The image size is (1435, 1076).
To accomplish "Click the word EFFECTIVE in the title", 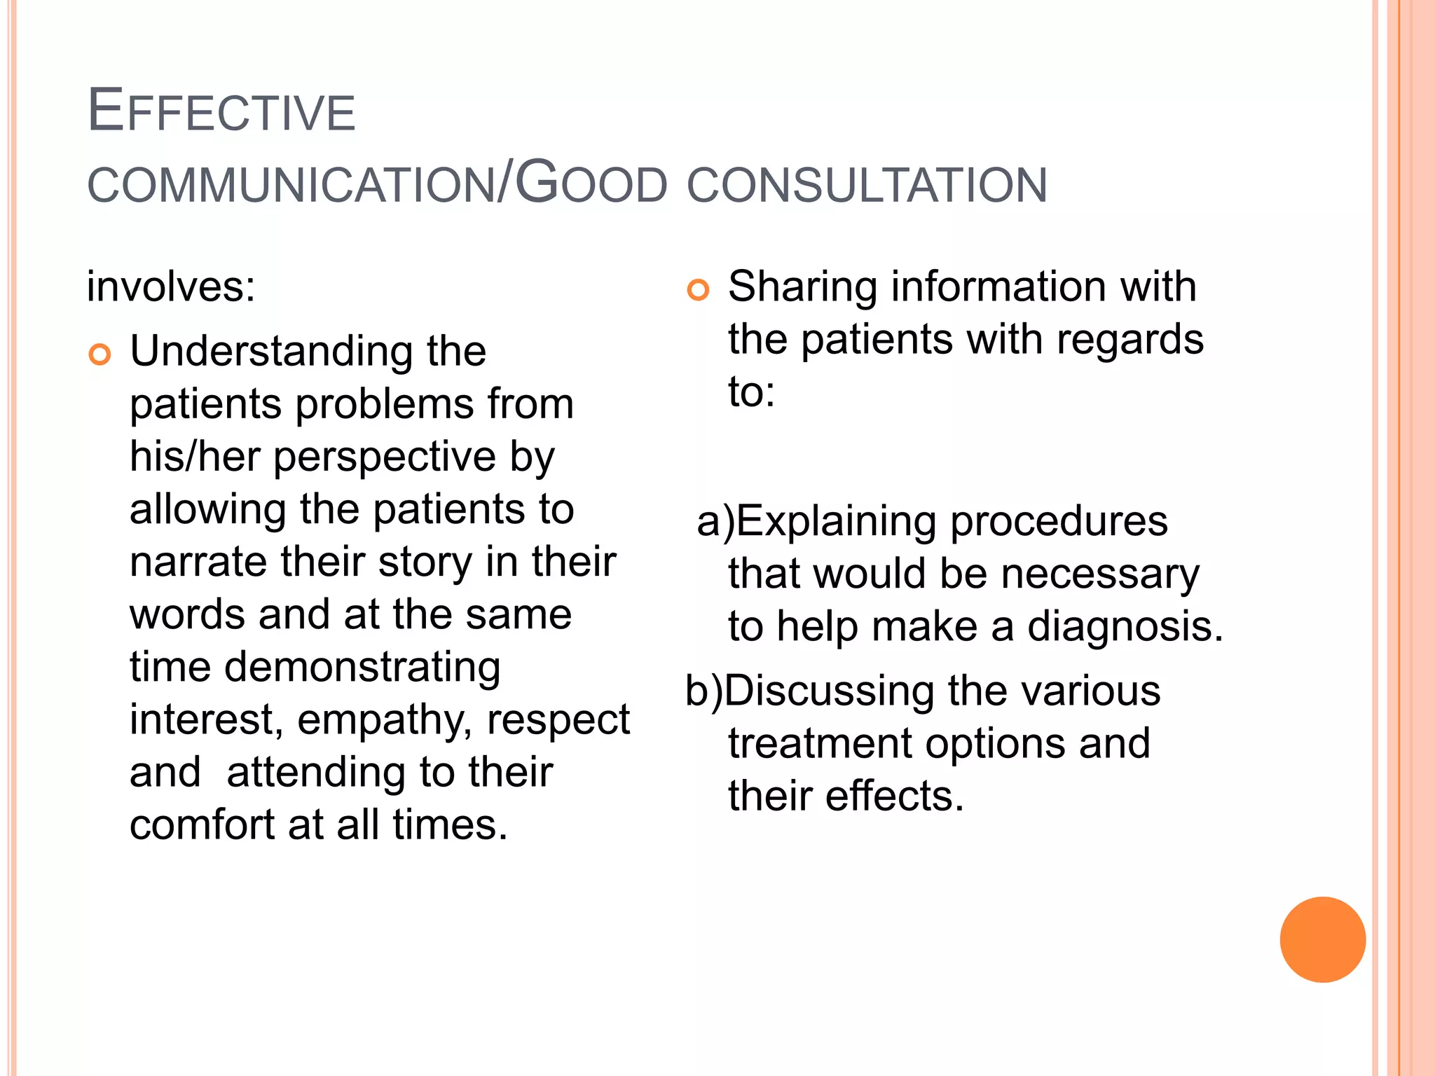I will (221, 112).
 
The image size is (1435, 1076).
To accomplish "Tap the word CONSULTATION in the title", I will (867, 186).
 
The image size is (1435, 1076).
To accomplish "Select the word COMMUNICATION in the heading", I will (291, 186).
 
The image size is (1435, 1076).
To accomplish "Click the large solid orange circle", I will (1322, 939).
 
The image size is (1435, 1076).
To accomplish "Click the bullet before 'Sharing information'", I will (698, 289).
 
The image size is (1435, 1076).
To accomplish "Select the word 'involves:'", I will (171, 287).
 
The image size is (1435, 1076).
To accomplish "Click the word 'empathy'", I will (384, 720).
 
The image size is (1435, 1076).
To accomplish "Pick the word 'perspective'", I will (385, 458).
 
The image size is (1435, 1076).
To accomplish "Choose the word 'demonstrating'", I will (362, 668).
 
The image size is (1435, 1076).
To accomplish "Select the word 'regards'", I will (1130, 340).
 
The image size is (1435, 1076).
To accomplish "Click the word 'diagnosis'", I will (1125, 627).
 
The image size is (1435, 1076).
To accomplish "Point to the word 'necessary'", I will (1100, 574).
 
